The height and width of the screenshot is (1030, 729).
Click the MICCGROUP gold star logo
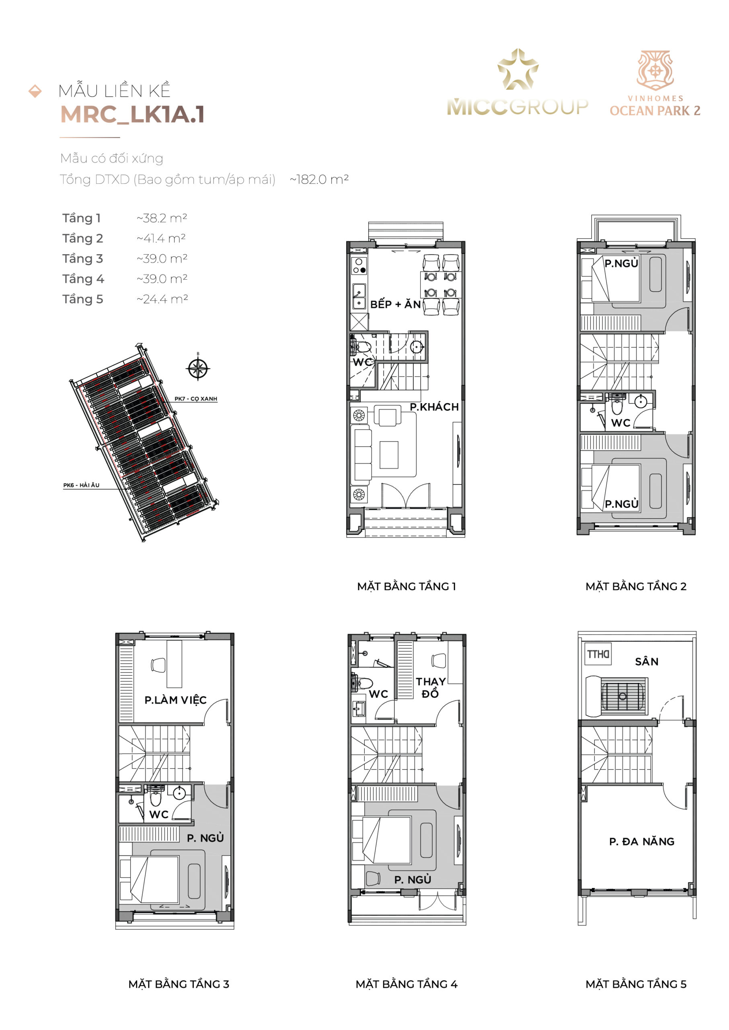click(x=517, y=69)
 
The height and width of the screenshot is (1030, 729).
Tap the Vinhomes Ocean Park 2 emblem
click(x=655, y=70)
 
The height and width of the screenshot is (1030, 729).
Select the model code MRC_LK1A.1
click(x=132, y=115)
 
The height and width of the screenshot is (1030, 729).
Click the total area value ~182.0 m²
click(x=319, y=179)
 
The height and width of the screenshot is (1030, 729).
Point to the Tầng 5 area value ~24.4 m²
click(x=162, y=299)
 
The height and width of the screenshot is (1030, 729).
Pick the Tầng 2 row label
click(x=82, y=238)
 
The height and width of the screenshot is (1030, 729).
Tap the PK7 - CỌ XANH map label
click(x=196, y=398)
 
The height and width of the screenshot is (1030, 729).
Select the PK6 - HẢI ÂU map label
click(x=81, y=485)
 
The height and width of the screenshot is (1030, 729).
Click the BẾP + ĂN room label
click(x=396, y=304)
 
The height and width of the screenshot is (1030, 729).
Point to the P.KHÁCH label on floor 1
click(x=434, y=407)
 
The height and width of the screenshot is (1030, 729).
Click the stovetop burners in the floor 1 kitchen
click(x=359, y=266)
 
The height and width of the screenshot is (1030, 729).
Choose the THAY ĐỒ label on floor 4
click(x=431, y=688)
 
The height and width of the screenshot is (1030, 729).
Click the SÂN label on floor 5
click(x=647, y=662)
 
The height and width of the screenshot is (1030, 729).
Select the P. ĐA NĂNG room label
click(x=642, y=841)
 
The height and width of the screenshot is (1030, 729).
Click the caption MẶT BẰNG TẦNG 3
click(x=179, y=984)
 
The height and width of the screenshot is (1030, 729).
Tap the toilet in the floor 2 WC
click(x=618, y=406)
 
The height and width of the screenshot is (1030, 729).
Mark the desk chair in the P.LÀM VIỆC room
click(x=158, y=665)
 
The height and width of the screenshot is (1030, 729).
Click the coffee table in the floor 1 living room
click(x=389, y=455)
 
